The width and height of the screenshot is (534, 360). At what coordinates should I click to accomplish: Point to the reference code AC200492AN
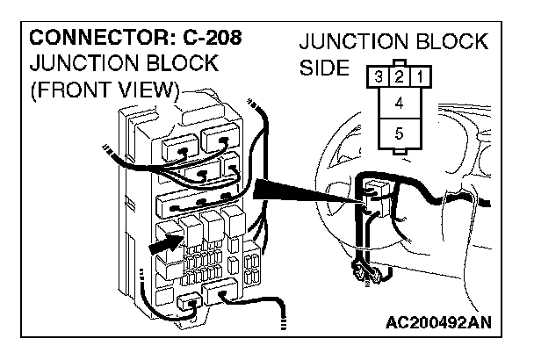tap(437, 322)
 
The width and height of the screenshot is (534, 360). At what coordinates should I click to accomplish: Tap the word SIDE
tap(325, 68)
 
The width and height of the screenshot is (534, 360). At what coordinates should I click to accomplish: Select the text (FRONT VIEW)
tap(105, 90)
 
